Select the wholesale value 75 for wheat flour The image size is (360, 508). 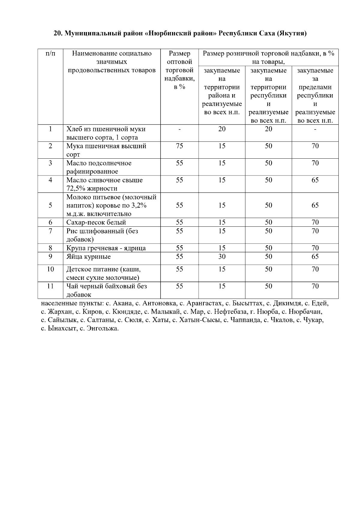pos(179,146)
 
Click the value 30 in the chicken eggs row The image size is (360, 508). pos(222,257)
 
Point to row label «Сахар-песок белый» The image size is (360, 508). pos(96,223)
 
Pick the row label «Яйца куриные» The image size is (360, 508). pos(88,257)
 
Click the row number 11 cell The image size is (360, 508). pos(50,286)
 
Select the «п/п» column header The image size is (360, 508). pos(50,54)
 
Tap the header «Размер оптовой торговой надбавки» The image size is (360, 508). pos(179,70)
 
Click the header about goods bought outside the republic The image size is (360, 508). pos(315,95)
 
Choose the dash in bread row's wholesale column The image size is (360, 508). pos(179,129)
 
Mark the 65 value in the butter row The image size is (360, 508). pos(315,180)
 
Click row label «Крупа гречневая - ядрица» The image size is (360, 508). pos(106,248)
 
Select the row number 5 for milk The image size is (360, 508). pos(50,205)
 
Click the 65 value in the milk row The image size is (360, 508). pos(315,205)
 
